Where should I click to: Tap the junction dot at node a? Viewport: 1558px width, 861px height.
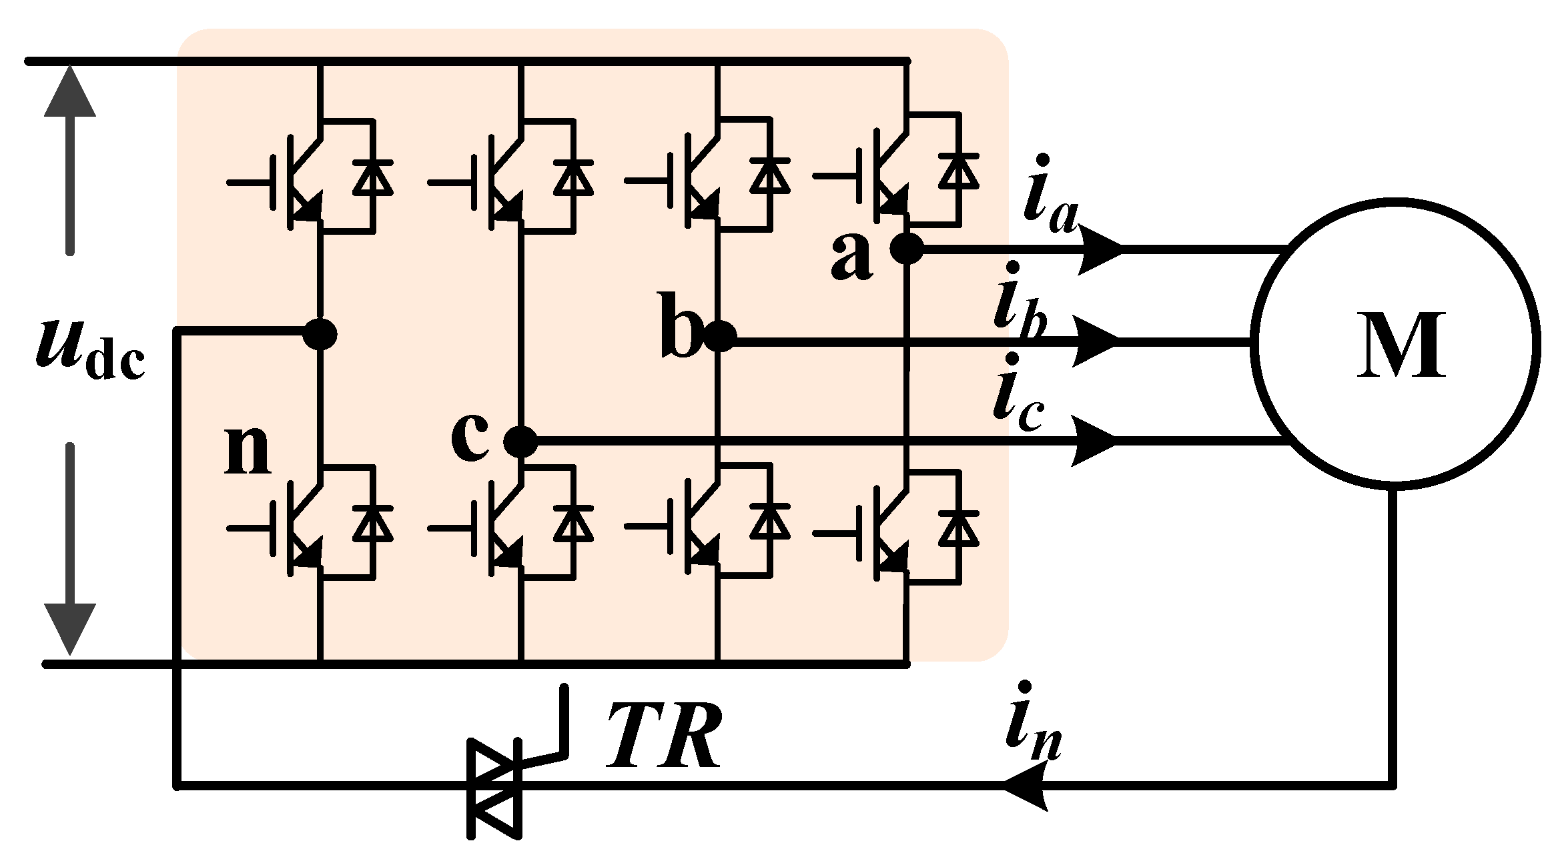[907, 249]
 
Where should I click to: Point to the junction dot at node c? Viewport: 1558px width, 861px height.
[520, 441]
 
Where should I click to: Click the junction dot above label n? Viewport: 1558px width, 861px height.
[320, 333]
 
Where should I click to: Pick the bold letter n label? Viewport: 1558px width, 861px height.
[248, 450]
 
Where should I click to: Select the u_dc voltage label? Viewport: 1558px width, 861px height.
[90, 350]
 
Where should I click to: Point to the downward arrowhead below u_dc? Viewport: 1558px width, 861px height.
[70, 627]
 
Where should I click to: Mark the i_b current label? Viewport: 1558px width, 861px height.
[1020, 303]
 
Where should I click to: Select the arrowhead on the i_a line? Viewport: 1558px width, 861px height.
[1101, 249]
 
